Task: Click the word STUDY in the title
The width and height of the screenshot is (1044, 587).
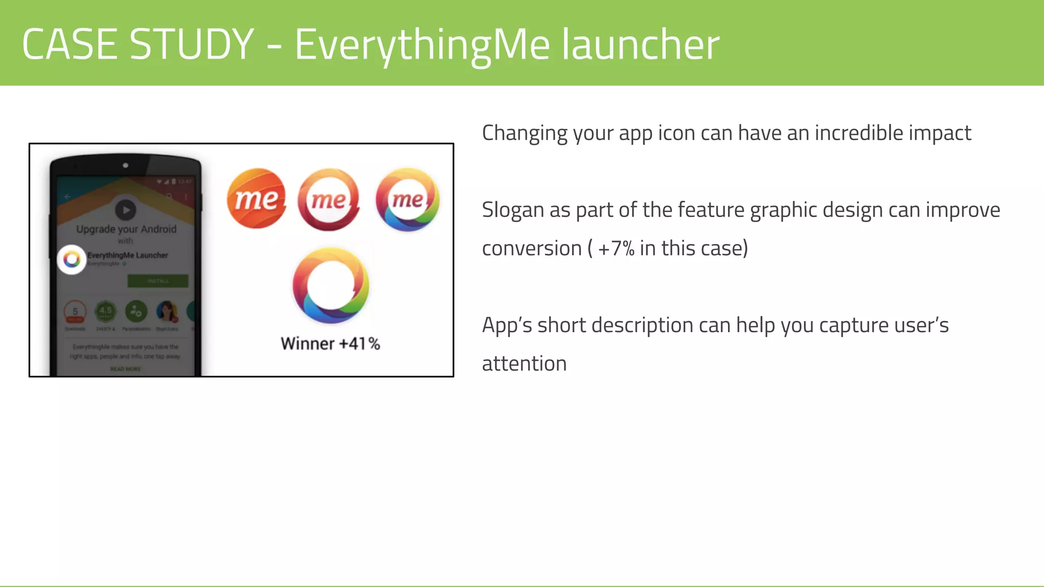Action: click(192, 44)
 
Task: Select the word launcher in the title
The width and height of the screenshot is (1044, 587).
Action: click(641, 44)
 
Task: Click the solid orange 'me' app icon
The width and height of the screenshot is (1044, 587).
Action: click(256, 199)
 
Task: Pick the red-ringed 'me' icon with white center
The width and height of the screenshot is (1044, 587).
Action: click(329, 199)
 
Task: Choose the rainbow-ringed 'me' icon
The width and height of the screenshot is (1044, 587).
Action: click(407, 199)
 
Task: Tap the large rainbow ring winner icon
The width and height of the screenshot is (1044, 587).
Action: click(331, 285)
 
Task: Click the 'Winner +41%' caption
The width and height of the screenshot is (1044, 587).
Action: click(330, 343)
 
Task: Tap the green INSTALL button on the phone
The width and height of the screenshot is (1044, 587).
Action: click(158, 281)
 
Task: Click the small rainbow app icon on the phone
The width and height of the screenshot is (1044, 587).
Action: click(72, 260)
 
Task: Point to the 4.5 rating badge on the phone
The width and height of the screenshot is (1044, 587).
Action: click(106, 311)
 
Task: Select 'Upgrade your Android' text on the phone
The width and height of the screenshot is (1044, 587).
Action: click(126, 229)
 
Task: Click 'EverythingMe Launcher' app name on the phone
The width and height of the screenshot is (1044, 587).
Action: click(127, 255)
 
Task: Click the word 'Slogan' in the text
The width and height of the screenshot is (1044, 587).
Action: click(513, 210)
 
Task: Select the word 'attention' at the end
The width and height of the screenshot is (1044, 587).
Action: click(524, 364)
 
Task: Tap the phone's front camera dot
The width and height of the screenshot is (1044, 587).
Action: click(125, 165)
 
